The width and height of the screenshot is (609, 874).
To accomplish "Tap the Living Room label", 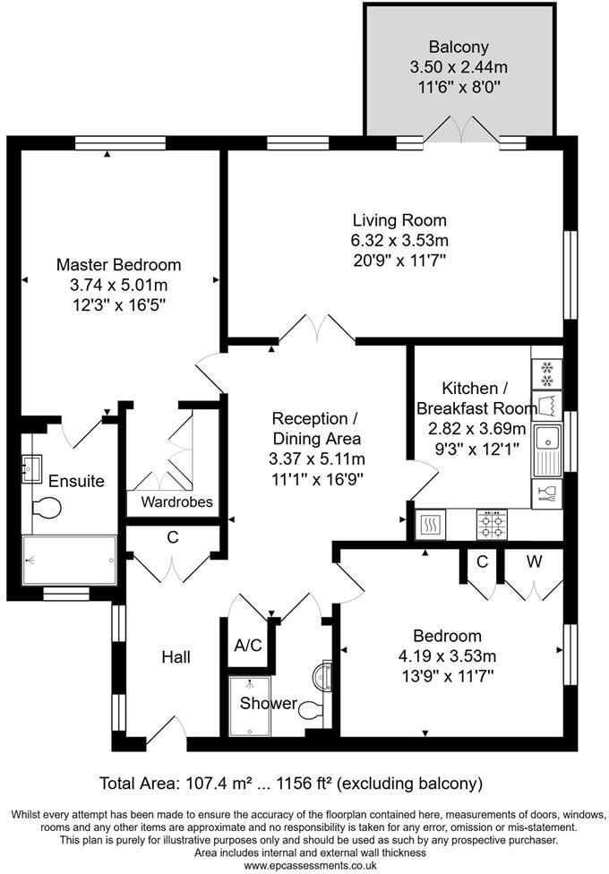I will pyautogui.click(x=399, y=220).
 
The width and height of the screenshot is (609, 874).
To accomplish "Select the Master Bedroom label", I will pyautogui.click(x=118, y=265).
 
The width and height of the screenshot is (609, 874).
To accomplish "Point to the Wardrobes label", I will pyautogui.click(x=176, y=501).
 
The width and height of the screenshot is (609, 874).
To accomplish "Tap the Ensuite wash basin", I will pyautogui.click(x=33, y=465).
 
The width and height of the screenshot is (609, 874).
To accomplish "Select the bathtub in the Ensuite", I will pyautogui.click(x=70, y=561).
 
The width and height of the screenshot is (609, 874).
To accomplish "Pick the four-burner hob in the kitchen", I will pyautogui.click(x=491, y=523).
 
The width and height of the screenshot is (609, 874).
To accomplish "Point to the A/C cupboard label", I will pyautogui.click(x=248, y=646).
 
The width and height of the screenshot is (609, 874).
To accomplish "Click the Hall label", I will pyautogui.click(x=176, y=657).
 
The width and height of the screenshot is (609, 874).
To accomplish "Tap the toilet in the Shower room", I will pyautogui.click(x=311, y=710).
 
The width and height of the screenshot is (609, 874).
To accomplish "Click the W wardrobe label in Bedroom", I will pyautogui.click(x=534, y=562).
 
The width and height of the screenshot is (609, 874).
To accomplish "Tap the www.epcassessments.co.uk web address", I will pyautogui.click(x=304, y=866).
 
